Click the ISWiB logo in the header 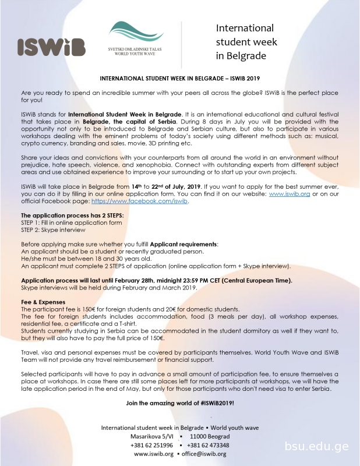tap(51, 47)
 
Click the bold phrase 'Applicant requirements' tap(183, 243)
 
